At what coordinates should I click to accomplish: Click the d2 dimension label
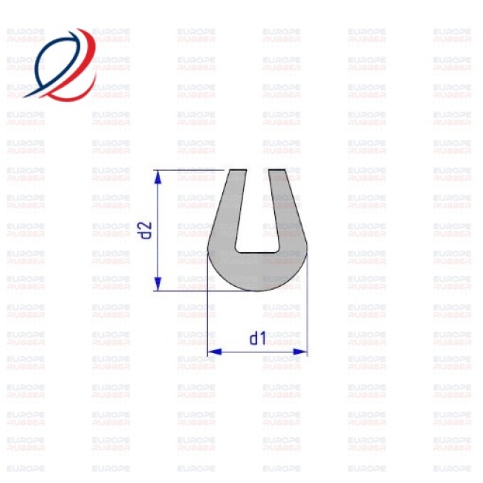point(144,230)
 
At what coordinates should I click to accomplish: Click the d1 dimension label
point(258,338)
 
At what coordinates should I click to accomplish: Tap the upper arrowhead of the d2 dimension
point(158,178)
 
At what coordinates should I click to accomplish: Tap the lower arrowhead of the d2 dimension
point(158,283)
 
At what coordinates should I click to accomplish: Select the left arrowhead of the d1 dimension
point(215,351)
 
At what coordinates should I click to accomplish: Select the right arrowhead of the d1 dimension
point(300,351)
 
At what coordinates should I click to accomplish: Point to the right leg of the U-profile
point(287,210)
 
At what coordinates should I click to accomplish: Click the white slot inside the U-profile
point(258,213)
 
